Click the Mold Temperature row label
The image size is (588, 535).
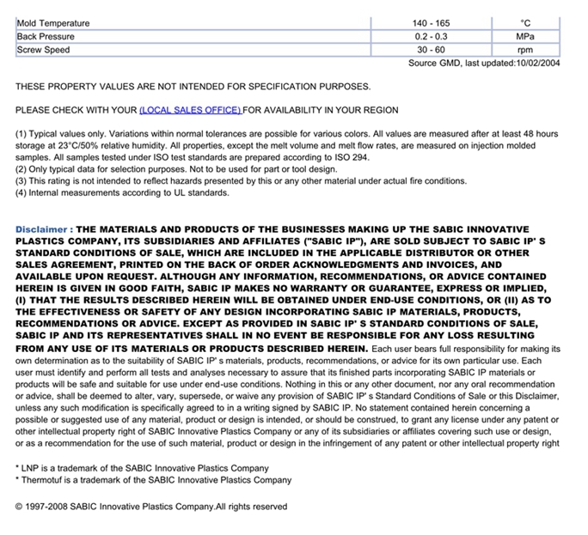click(53, 23)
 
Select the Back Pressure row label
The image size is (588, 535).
click(46, 36)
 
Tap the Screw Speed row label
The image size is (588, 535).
click(43, 50)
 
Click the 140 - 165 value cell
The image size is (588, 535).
click(432, 23)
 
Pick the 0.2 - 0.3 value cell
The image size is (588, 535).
click(432, 36)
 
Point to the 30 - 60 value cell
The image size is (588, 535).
click(432, 50)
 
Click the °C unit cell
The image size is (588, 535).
click(525, 23)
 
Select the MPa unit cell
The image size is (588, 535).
click(525, 36)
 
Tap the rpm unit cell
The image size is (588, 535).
click(525, 50)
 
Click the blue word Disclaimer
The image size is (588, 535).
click(40, 230)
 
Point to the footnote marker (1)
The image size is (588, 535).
click(21, 134)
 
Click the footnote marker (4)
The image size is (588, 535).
click(21, 192)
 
